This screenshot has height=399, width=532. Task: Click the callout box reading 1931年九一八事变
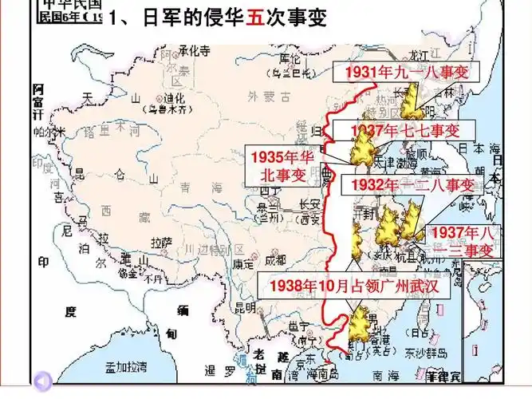(x=406, y=73)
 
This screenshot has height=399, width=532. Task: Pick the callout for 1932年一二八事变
(x=409, y=185)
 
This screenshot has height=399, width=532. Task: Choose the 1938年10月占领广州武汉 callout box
(x=354, y=285)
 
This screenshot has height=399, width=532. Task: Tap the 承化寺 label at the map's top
(x=193, y=51)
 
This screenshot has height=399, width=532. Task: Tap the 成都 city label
(x=274, y=260)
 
